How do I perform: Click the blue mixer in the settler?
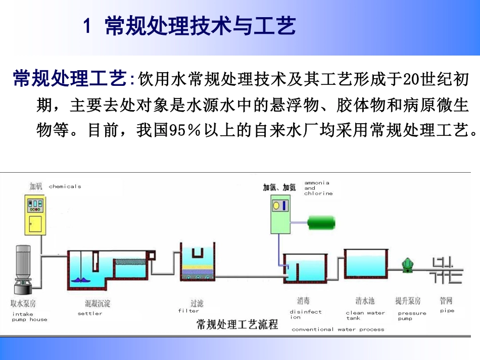click(x=81, y=278)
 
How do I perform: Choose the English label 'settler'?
click(x=90, y=314)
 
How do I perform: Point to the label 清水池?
click(x=364, y=301)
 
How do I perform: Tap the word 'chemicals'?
click(x=65, y=187)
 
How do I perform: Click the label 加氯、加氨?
click(x=279, y=187)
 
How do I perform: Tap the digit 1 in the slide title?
click(x=88, y=26)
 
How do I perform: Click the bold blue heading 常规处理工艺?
click(x=69, y=79)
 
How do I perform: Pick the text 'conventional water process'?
click(x=338, y=330)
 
